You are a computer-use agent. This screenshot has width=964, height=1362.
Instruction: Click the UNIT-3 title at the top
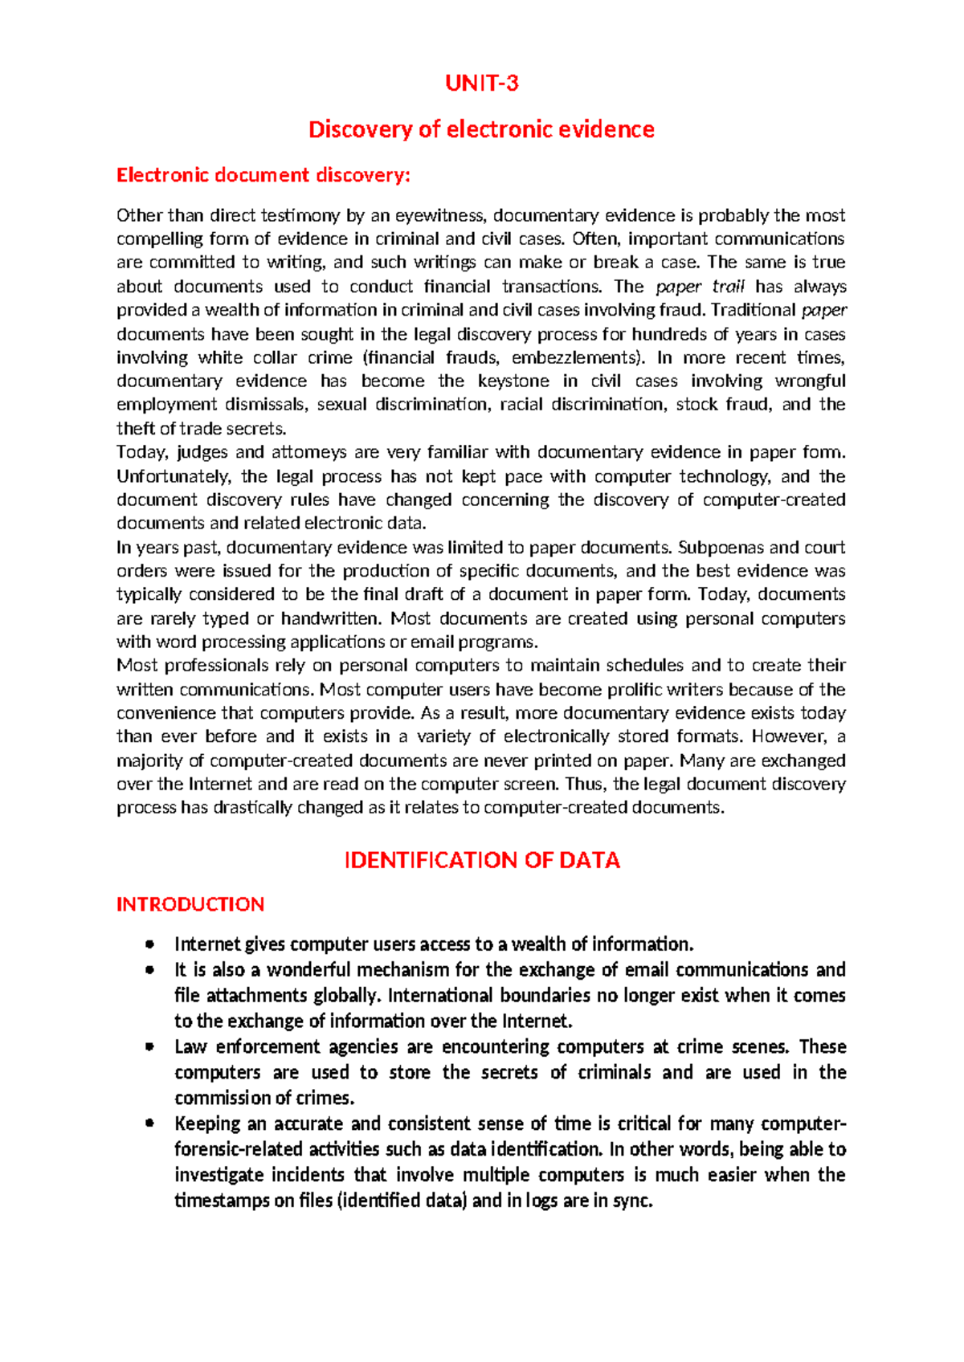[482, 83]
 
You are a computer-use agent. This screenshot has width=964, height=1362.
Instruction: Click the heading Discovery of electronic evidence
[482, 129]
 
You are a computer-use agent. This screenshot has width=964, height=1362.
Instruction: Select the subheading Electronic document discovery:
[263, 175]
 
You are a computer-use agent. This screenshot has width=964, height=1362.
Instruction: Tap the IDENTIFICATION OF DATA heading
[482, 860]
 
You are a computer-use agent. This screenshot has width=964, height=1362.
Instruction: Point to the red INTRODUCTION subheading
[190, 904]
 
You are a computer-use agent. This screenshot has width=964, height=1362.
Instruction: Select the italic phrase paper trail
[701, 287]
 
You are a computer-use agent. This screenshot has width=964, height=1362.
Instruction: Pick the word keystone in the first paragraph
[513, 381]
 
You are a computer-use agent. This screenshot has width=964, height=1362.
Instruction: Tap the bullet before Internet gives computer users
[149, 944]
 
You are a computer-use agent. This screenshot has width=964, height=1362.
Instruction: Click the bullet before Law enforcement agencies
[149, 1047]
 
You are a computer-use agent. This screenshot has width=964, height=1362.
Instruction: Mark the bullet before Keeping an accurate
[149, 1123]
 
